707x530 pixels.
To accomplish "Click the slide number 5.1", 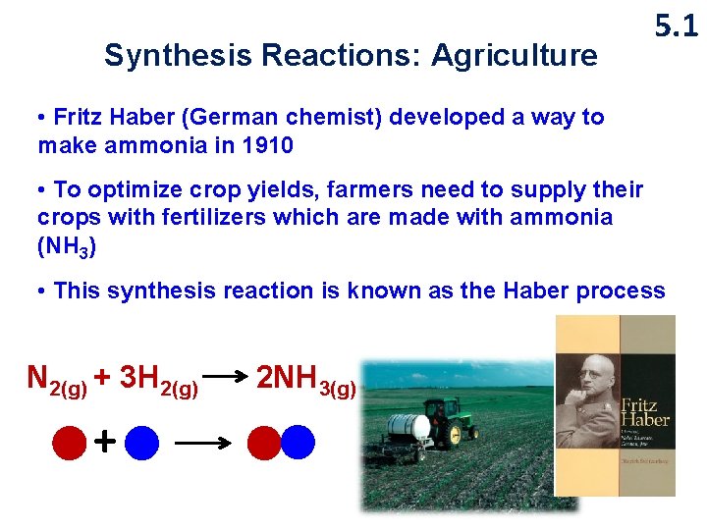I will coord(676,26).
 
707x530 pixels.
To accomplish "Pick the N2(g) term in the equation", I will coord(57,379).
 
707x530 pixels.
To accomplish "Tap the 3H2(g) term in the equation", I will coord(157,379).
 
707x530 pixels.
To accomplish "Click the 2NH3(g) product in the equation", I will coord(305,379).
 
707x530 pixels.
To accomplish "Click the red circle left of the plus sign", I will coord(70,443).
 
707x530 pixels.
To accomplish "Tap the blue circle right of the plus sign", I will coord(142,443).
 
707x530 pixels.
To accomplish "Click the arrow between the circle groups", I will coord(202,444).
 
